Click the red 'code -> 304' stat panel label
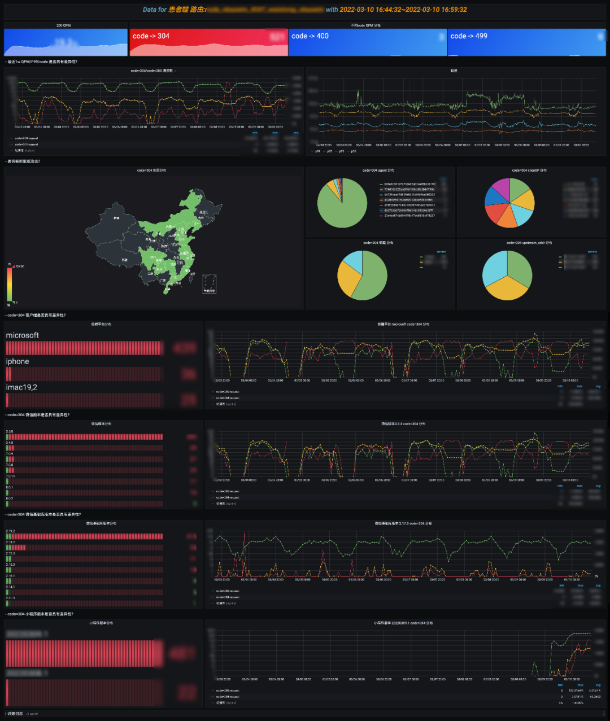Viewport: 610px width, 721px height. [151, 36]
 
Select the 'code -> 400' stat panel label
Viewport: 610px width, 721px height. [310, 36]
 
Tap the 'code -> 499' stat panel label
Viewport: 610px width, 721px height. [468, 36]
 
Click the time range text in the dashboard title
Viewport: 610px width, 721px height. [403, 10]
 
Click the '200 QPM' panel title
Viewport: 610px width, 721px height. [64, 25]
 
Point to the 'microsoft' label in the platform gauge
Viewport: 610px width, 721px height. [23, 335]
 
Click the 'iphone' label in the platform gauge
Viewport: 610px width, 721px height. [18, 361]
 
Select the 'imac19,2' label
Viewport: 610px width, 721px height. [21, 387]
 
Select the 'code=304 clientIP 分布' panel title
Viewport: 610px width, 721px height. [529, 170]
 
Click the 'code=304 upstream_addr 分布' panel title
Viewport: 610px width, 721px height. [529, 243]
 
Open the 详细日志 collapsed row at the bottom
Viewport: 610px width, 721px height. [15, 714]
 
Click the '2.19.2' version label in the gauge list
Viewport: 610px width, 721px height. [10, 531]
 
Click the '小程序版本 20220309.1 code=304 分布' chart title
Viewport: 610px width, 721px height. [403, 623]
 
